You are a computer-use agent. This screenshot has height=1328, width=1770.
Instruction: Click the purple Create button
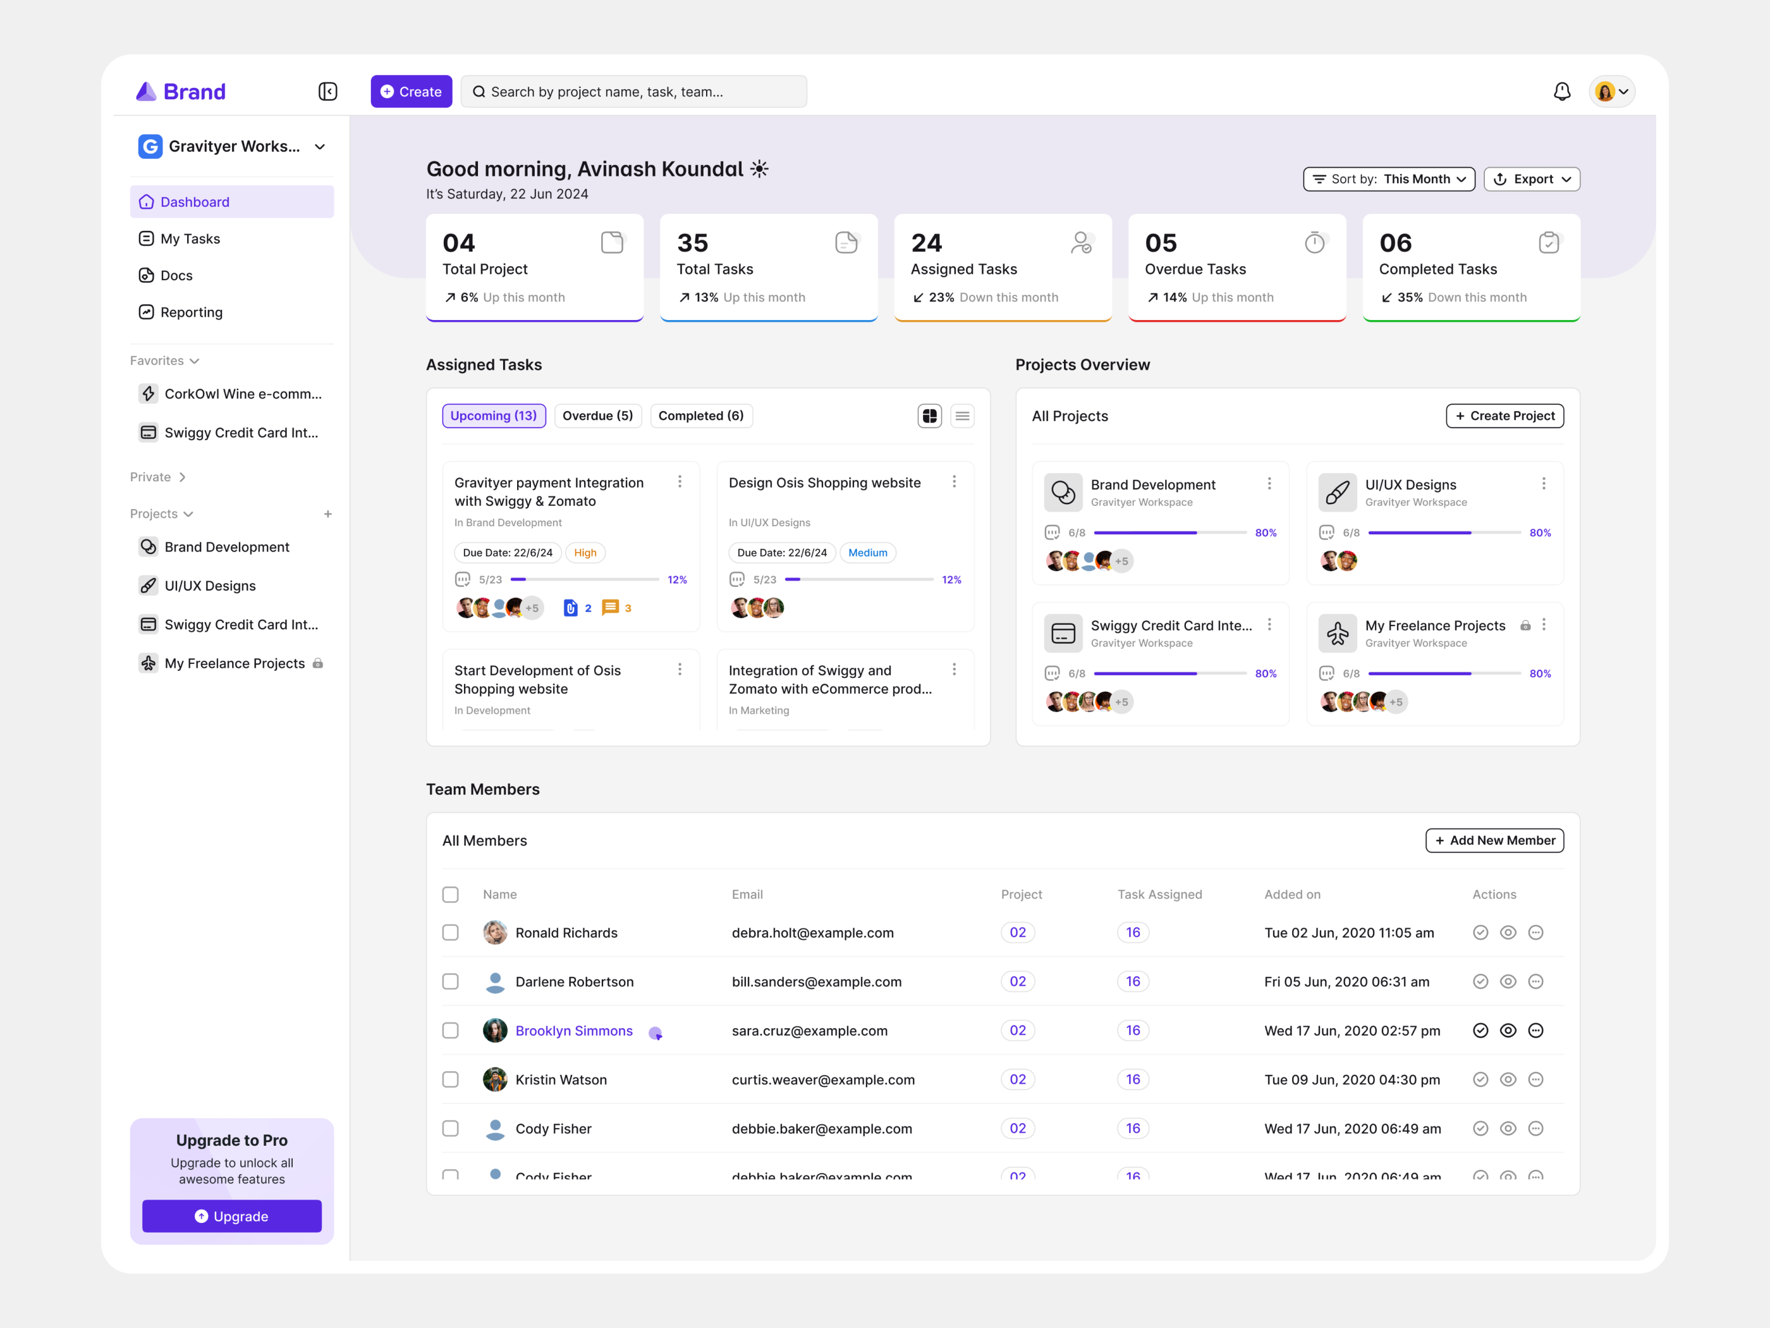pos(412,91)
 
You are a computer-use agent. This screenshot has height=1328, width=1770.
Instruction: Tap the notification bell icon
pos(1561,91)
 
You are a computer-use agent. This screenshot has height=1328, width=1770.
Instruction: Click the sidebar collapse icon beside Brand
pos(327,91)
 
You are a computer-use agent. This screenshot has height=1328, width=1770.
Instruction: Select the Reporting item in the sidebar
pos(192,312)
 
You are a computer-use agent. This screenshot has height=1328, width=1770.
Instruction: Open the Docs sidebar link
pos(176,275)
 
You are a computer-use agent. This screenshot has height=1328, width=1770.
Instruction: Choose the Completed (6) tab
pos(700,415)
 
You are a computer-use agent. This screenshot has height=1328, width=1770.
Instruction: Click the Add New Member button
pos(1494,840)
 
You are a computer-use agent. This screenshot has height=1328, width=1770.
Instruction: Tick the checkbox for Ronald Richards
pos(451,933)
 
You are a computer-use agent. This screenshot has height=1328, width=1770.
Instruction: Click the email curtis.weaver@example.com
pos(822,1080)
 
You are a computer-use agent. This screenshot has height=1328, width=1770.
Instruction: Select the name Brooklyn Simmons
pos(574,1031)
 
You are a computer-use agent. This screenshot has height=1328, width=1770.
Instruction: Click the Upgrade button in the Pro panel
pos(231,1216)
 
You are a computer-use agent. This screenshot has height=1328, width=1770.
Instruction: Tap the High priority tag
pos(585,552)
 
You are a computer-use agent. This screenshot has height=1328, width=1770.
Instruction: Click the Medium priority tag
pos(867,552)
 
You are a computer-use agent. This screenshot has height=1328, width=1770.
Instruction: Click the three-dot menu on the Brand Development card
pos(1269,484)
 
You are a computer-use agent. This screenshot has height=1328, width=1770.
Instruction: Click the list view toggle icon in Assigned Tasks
pos(962,415)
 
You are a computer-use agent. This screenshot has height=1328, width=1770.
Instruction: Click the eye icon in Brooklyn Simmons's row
pos(1508,1031)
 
